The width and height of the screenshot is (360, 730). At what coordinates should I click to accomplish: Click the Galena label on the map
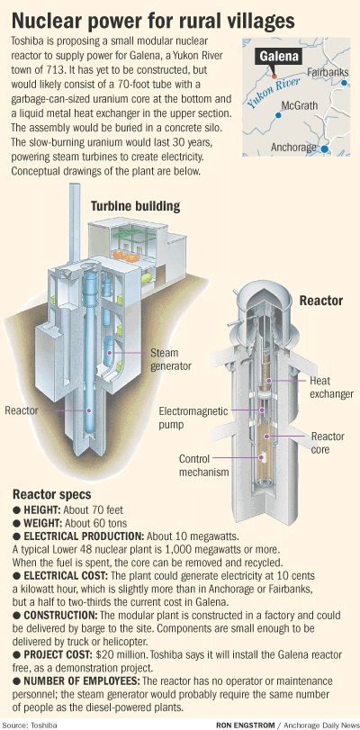[279, 58]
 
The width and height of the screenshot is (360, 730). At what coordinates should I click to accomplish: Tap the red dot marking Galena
[274, 76]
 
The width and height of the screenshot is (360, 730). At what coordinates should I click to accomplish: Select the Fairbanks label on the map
[328, 72]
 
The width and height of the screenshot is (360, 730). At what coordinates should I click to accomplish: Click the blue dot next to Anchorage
[325, 149]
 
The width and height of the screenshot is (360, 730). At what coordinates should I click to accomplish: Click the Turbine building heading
[135, 206]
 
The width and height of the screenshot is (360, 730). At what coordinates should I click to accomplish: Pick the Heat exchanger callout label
[331, 387]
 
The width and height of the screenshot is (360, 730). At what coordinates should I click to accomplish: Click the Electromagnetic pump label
[193, 418]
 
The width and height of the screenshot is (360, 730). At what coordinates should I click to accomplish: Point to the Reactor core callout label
[328, 443]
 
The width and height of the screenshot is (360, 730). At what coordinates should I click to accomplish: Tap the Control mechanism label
[204, 465]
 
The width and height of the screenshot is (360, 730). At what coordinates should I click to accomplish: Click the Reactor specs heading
[51, 493]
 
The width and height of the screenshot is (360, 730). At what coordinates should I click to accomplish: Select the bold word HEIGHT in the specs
[42, 509]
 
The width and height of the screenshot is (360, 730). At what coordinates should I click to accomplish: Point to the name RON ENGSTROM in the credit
[245, 725]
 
